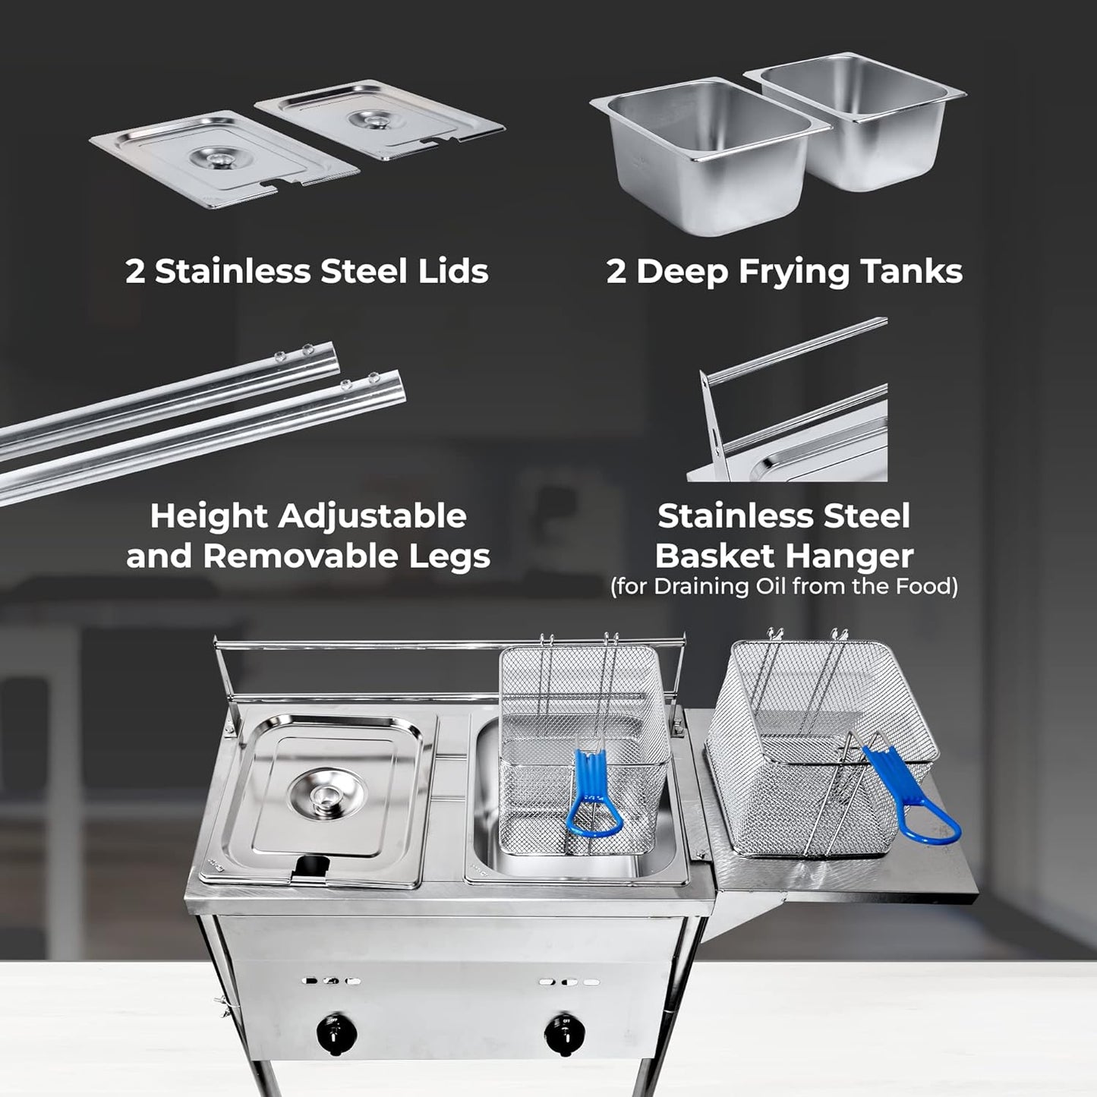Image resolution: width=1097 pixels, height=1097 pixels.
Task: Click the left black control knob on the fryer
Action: [x=333, y=1030]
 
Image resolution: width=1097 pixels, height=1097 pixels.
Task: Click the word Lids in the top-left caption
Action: [x=451, y=271]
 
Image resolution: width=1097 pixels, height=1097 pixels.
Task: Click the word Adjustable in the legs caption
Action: [x=372, y=516]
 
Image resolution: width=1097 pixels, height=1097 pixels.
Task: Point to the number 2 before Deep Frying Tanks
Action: [x=616, y=272]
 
